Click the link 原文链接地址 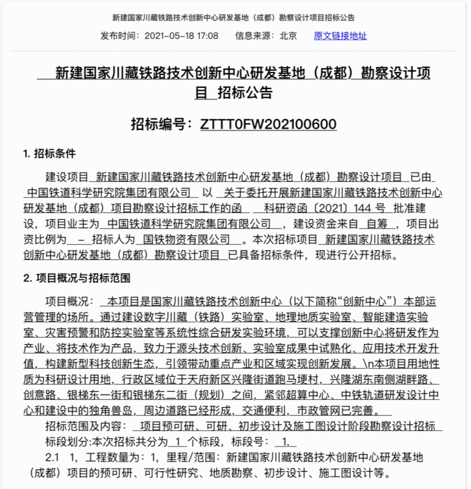pyautogui.click(x=340, y=35)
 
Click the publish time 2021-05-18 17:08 pyautogui.click(x=181, y=35)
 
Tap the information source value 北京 pyautogui.click(x=288, y=35)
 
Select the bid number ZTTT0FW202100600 pyautogui.click(x=268, y=124)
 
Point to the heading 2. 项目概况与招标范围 pyautogui.click(x=76, y=278)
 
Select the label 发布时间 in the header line pyautogui.click(x=120, y=35)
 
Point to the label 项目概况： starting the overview pyautogui.click(x=70, y=302)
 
